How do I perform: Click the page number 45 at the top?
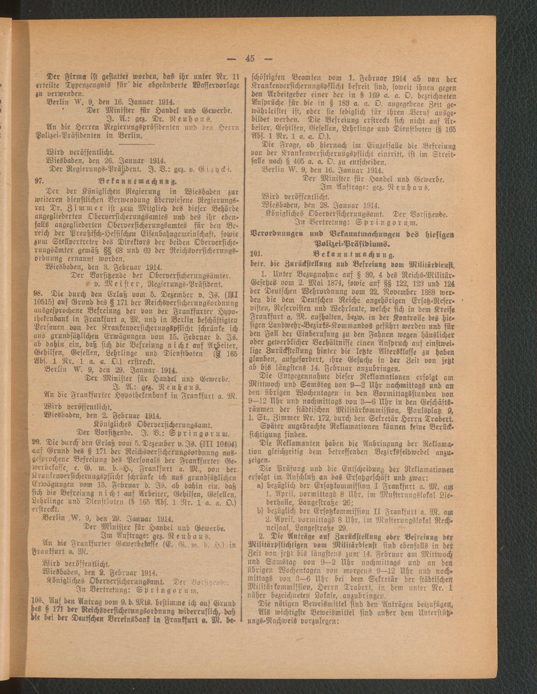(x=251, y=59)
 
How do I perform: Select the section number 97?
(x=39, y=181)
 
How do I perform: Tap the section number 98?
(x=38, y=294)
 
